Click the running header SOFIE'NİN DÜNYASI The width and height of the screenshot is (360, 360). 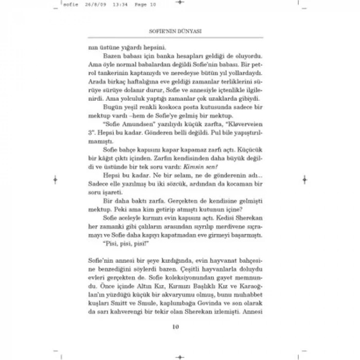point(179,31)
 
